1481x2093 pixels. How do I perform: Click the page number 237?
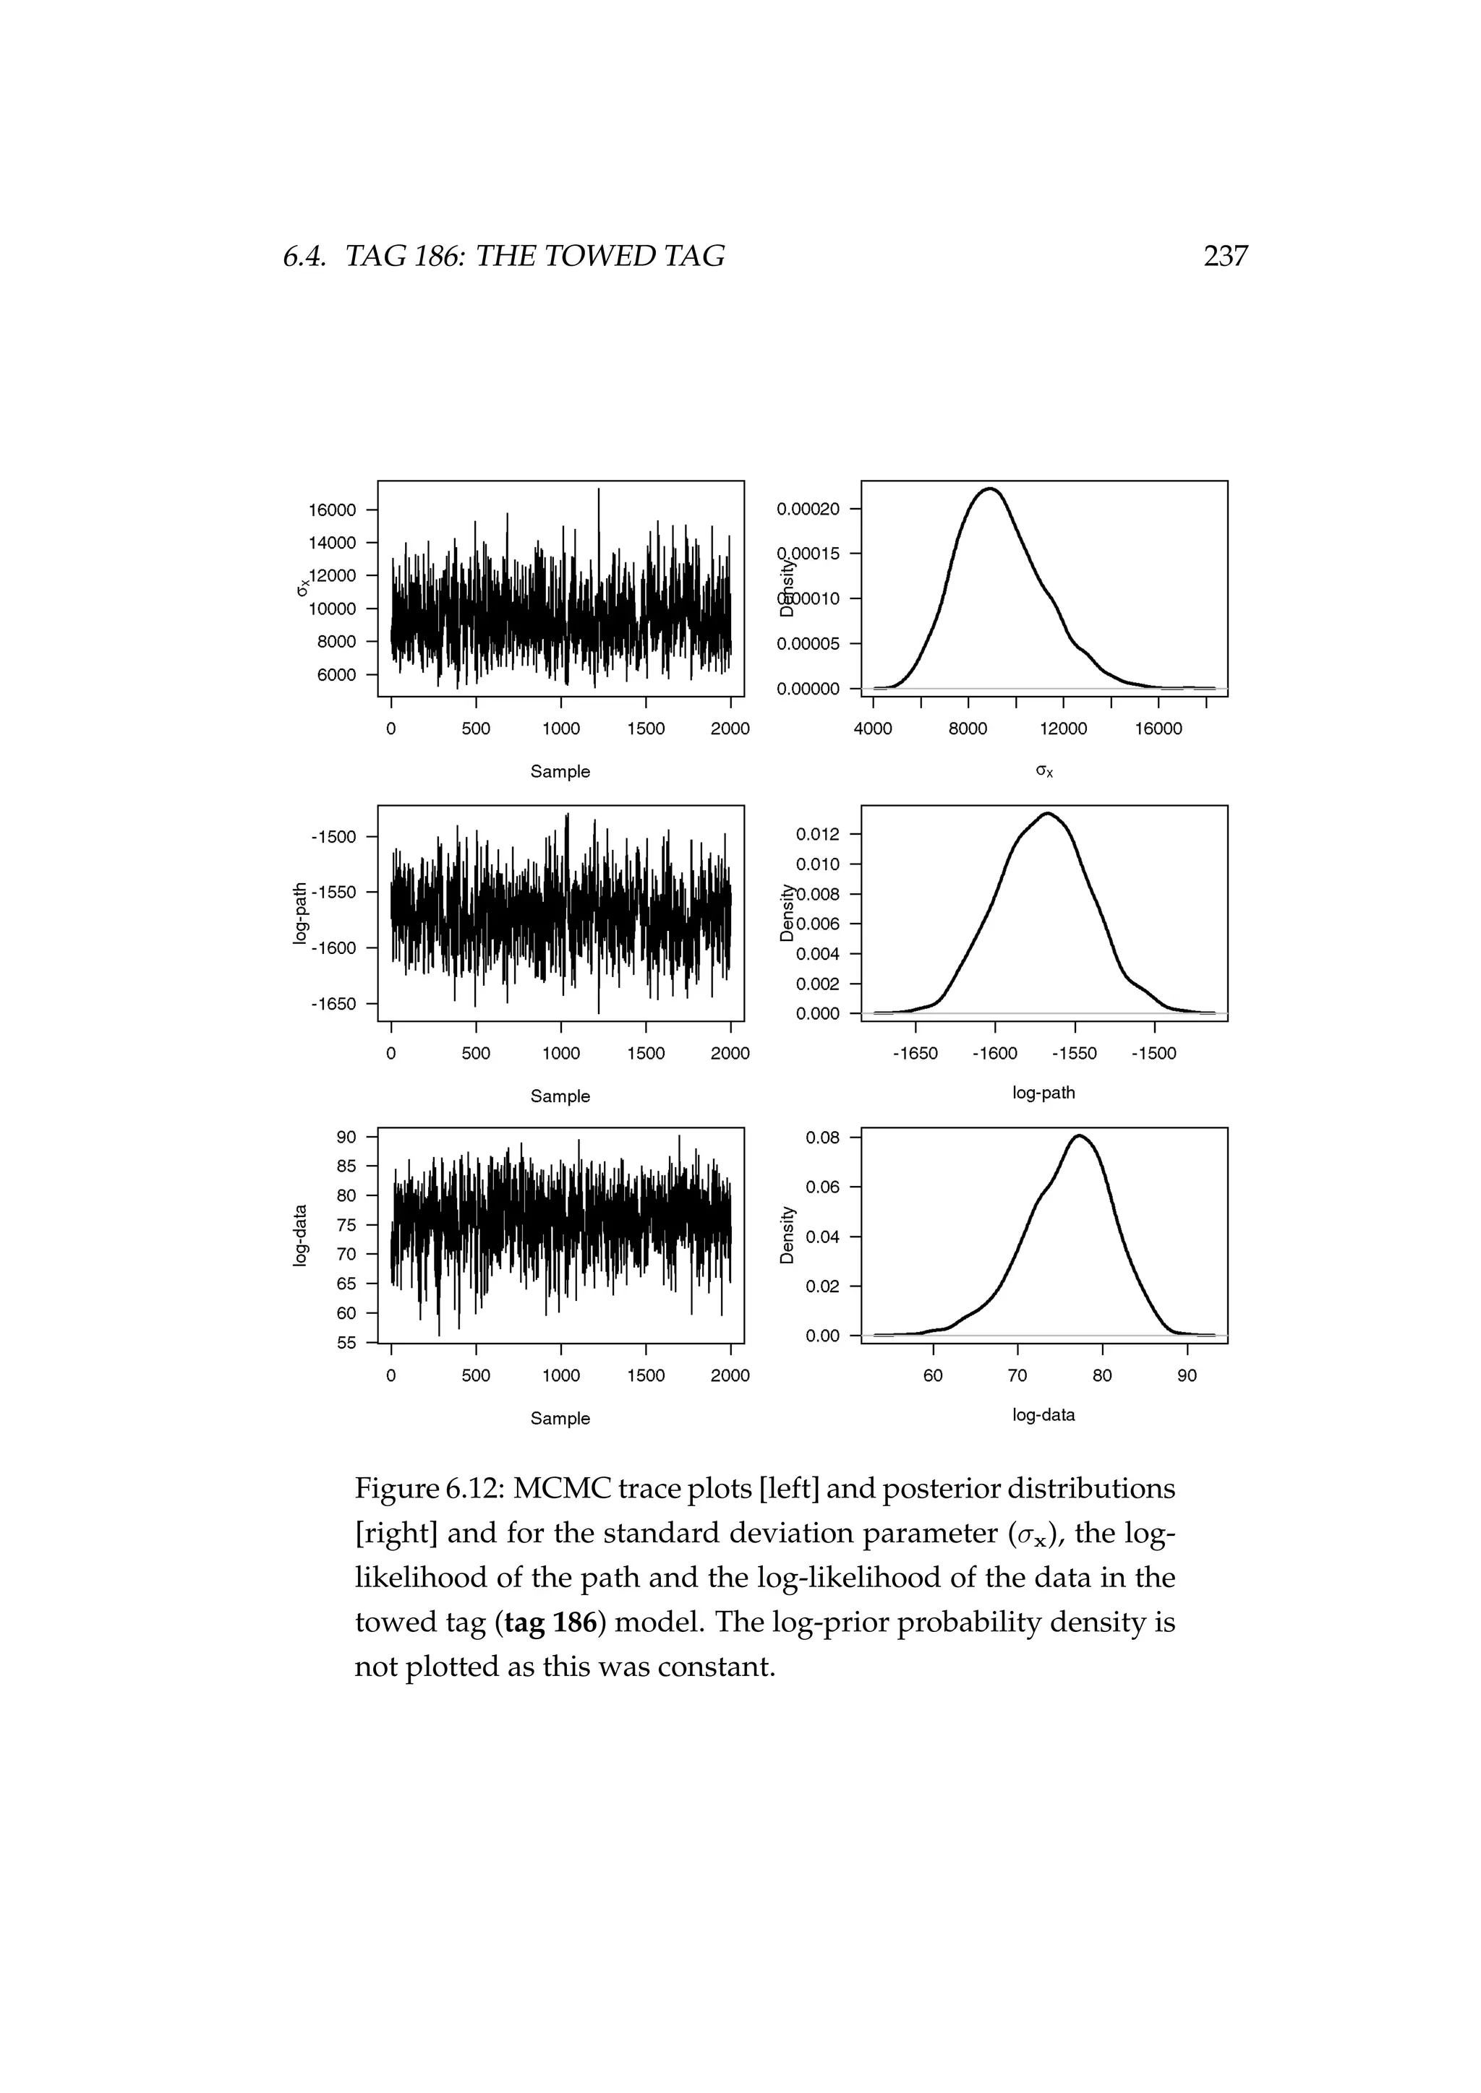point(1225,256)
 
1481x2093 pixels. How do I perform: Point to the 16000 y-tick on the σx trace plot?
point(332,510)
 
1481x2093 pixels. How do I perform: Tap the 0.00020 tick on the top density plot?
point(807,509)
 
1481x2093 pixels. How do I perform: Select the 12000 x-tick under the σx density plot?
point(1062,729)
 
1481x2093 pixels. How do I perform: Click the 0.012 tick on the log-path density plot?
point(817,834)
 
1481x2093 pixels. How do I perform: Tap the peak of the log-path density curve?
point(1048,813)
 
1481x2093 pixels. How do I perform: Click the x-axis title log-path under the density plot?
point(1043,1092)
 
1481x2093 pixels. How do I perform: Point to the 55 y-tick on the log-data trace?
point(346,1343)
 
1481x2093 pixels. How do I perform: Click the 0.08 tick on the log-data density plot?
point(821,1138)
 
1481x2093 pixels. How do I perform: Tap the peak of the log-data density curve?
point(1079,1136)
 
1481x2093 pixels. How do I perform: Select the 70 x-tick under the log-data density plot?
point(1017,1375)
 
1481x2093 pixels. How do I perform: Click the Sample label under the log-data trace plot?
point(560,1419)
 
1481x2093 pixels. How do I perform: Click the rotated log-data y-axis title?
point(300,1235)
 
